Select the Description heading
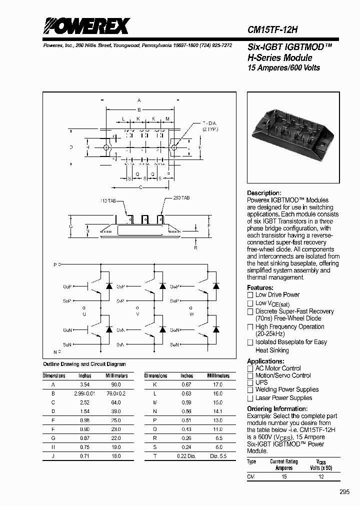(x=264, y=193)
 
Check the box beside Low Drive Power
(x=250, y=295)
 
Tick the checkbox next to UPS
(x=250, y=382)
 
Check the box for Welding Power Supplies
(x=250, y=390)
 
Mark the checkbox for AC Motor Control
(x=250, y=368)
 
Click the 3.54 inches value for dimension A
(x=85, y=384)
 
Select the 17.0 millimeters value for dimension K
(x=218, y=384)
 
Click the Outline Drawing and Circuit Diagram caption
(x=84, y=364)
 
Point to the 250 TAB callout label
(x=181, y=198)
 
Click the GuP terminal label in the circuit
(x=67, y=286)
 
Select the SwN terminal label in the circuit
(x=174, y=344)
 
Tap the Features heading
(x=260, y=287)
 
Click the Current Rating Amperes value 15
(x=284, y=476)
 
